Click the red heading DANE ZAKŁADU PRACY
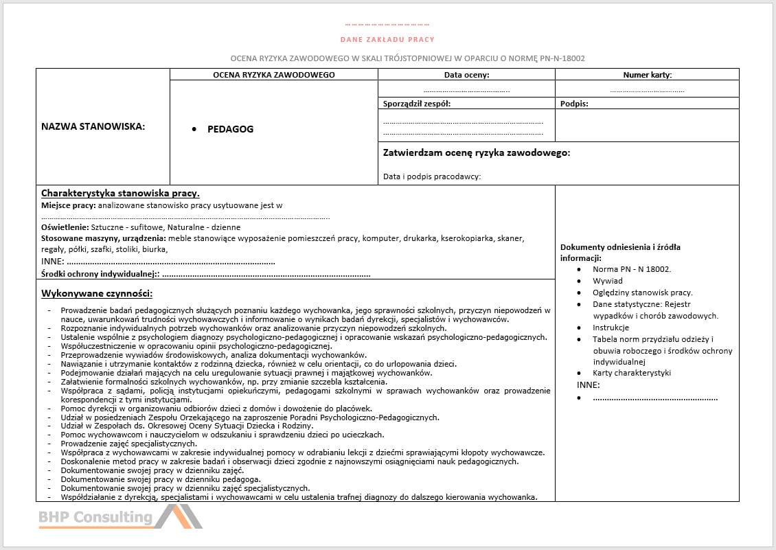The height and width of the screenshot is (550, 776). [387, 39]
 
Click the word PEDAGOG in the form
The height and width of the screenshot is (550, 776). [230, 129]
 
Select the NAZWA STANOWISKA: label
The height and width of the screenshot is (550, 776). [93, 126]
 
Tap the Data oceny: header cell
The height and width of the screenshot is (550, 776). [466, 75]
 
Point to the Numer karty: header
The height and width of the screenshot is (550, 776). [647, 75]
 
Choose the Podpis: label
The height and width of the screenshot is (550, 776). [574, 104]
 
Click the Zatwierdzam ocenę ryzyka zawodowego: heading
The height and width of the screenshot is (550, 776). [476, 152]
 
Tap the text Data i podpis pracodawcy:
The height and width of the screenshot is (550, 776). [432, 176]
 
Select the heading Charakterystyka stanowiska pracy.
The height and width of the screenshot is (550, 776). [120, 193]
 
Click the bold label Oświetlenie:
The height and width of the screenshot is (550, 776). [65, 227]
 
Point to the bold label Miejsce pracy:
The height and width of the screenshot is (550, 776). [69, 205]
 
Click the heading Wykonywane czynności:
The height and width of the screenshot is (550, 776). [97, 293]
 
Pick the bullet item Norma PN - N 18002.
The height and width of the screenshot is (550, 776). [632, 269]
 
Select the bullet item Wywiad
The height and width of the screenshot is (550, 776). [608, 281]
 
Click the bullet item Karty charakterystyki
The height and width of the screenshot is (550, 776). [632, 373]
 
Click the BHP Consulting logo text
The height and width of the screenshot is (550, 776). [95, 517]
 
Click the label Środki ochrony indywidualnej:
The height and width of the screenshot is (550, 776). [100, 274]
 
